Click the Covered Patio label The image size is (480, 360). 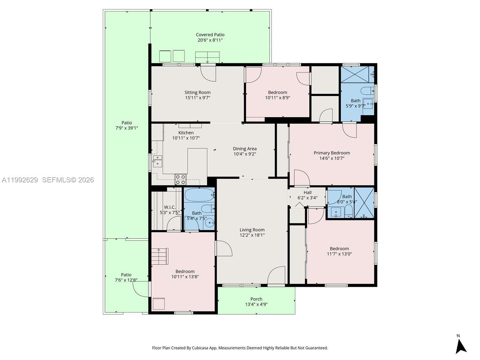[210, 35]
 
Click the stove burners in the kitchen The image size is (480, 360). [181, 179]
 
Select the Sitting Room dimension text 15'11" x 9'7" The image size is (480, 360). [197, 97]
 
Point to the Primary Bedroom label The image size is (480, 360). [331, 153]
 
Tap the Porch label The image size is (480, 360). [256, 299]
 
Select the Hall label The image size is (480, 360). [307, 193]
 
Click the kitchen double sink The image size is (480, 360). [157, 161]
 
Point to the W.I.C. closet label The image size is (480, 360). [170, 207]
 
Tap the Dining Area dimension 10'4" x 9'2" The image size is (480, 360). [244, 154]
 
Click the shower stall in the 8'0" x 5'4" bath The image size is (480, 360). [364, 203]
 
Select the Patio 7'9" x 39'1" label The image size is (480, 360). [127, 123]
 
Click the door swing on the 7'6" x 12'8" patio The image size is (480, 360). [140, 289]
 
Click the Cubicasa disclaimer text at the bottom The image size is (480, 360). [240, 348]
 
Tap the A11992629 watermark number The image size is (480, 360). [20, 180]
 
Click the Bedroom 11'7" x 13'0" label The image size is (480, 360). [339, 249]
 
